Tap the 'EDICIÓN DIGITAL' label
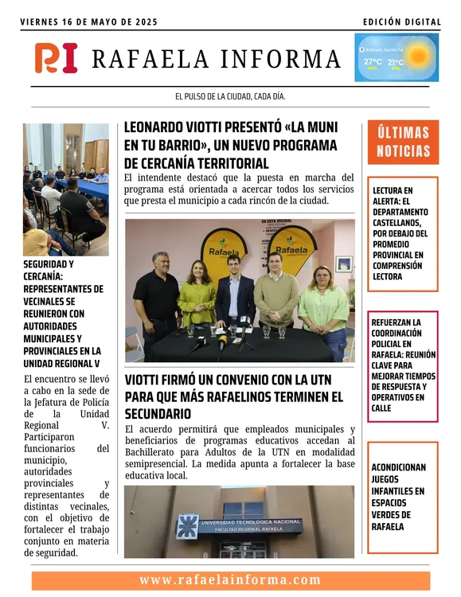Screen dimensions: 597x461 pos(400,22)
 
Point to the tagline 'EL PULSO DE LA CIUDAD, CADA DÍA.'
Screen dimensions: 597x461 pos(230,96)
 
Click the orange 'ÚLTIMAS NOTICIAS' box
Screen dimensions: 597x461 pos(403,142)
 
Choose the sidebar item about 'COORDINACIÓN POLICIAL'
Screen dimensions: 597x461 pos(402,365)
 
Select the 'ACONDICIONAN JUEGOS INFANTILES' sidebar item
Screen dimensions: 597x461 pos(402,497)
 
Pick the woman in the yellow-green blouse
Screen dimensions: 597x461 pos(196,293)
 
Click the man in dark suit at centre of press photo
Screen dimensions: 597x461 pos(234,291)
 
